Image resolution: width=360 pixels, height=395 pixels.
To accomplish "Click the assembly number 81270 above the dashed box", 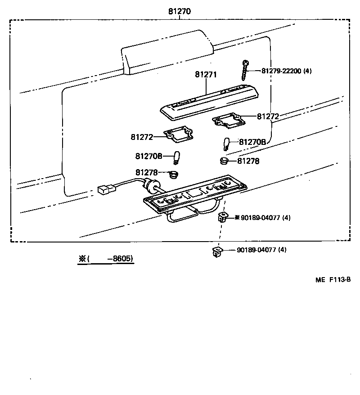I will point(180,12).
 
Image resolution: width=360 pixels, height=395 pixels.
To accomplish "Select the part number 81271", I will point(206,75).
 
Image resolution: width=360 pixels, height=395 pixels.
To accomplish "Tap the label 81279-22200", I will point(282,71).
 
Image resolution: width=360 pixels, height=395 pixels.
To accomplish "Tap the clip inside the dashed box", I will point(221,218).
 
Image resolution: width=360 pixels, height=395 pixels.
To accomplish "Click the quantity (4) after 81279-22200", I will point(307,71).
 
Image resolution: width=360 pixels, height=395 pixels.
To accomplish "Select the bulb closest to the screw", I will point(227,144).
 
